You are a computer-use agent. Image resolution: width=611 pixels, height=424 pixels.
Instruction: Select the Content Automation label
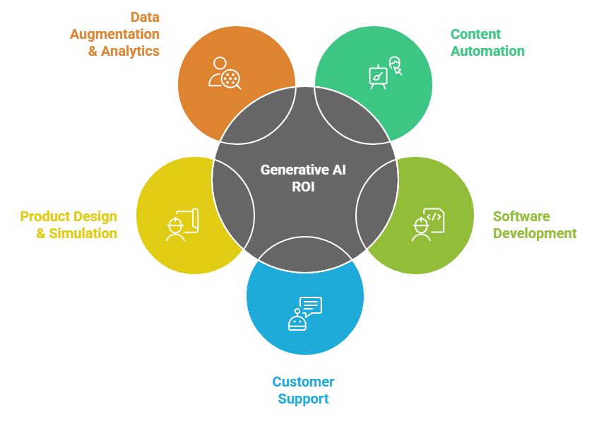[487, 42]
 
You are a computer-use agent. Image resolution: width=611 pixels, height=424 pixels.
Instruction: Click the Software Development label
[535, 225]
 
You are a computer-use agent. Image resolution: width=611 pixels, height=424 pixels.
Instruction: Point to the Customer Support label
[303, 390]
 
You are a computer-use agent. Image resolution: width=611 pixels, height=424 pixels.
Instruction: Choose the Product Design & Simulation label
[69, 225]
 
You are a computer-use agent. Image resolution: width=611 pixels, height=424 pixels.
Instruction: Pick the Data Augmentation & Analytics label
[114, 34]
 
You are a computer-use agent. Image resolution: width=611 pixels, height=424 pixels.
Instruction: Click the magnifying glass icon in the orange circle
[230, 78]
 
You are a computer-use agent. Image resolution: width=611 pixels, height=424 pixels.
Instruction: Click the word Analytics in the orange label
[131, 51]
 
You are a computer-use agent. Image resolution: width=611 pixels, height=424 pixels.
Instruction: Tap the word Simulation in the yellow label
[83, 233]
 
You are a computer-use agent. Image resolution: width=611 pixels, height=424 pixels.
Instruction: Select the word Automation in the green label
[487, 51]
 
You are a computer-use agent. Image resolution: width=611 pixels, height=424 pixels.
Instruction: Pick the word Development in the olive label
[535, 233]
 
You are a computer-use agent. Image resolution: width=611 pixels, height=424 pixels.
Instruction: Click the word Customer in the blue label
[303, 382]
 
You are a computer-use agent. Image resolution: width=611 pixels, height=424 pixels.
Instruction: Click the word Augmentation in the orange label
[114, 34]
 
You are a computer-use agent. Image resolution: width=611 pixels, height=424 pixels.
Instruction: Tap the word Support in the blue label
[303, 399]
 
